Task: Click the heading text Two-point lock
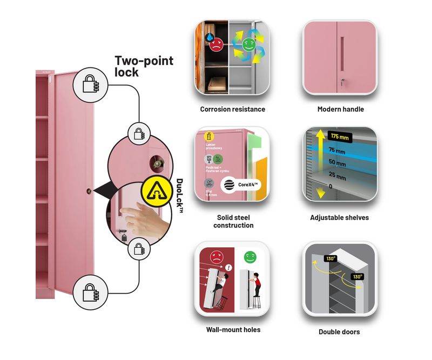pos(144,66)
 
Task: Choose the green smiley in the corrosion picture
pos(248,45)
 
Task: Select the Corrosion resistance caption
pos(232,109)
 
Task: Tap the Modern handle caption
pos(340,109)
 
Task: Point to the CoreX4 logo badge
pos(240,184)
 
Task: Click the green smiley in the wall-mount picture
pos(249,257)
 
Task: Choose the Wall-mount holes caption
pos(233,329)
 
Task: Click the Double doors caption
pos(340,332)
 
